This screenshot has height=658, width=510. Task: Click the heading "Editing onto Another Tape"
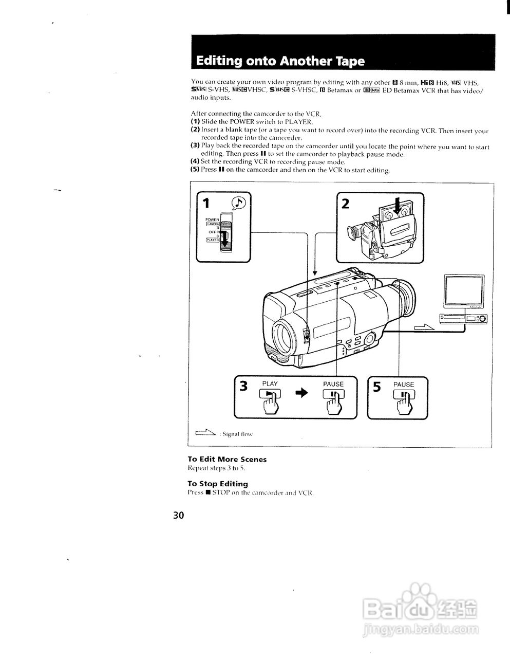[280, 61]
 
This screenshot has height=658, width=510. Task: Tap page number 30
[178, 515]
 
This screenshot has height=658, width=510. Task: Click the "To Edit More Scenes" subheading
[226, 459]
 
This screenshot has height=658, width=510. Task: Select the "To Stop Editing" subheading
[217, 484]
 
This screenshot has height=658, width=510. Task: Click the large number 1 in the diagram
[206, 204]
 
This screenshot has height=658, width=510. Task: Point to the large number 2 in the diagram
[345, 204]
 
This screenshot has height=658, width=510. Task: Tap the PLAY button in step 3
[270, 395]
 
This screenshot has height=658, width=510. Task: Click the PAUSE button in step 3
[333, 395]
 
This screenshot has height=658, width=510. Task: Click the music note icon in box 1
[239, 203]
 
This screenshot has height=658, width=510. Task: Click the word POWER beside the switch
[212, 220]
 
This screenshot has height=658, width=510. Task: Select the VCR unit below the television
[463, 319]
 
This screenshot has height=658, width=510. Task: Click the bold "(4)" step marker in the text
[195, 161]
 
